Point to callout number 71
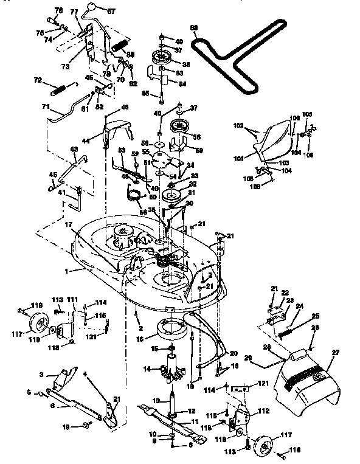pyautogui.click(x=45, y=107)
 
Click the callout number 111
pyautogui.click(x=72, y=300)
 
